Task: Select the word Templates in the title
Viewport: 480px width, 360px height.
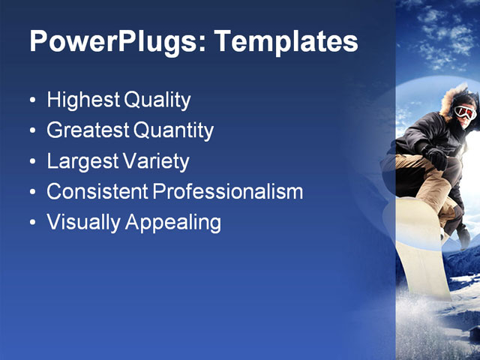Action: [286, 42]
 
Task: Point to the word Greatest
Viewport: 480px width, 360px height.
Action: [88, 130]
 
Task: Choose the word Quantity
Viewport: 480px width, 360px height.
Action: [173, 131]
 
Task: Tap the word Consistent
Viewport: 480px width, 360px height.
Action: [97, 192]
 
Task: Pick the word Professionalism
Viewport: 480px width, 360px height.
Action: [228, 192]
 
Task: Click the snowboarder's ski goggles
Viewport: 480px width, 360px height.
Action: [465, 112]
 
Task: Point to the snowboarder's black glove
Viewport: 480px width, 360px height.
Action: [434, 157]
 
